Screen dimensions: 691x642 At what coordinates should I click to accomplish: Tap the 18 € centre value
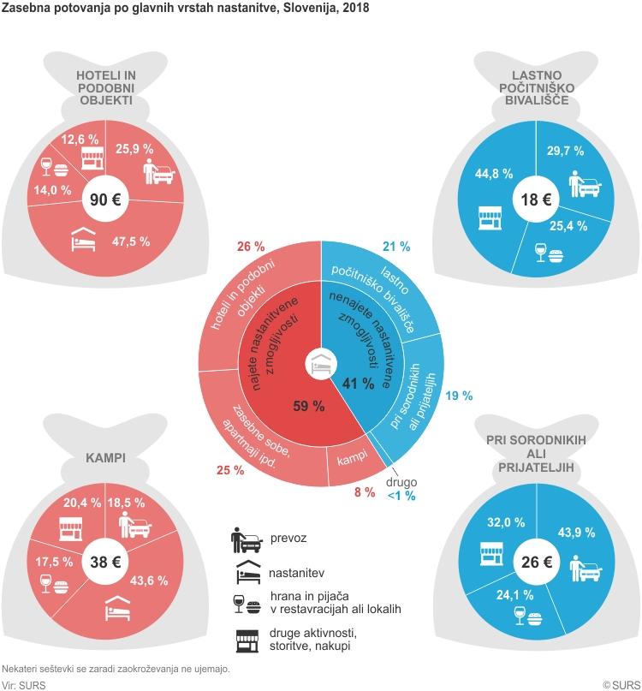537,200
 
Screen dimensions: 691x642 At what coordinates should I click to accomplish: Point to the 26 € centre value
537,563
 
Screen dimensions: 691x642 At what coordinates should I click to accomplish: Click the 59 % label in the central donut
308,407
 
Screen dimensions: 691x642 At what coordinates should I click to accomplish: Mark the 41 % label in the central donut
358,383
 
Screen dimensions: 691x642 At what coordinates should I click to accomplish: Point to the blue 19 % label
459,396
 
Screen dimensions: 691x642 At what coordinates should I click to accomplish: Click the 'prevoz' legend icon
244,541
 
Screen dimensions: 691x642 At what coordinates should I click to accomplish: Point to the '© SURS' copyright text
620,685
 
